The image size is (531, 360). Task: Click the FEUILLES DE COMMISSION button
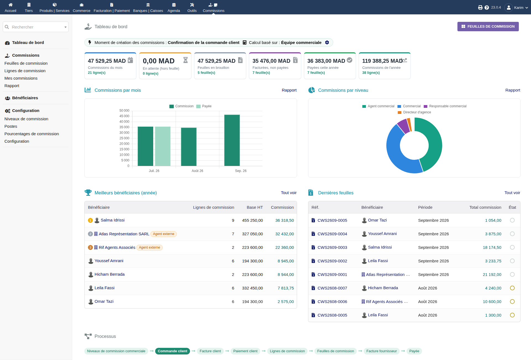(488, 27)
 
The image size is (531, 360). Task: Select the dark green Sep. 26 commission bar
(232, 140)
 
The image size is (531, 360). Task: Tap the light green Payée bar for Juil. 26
(163, 146)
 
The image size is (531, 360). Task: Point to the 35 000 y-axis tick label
(124, 127)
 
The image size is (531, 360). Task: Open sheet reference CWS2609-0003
(332, 247)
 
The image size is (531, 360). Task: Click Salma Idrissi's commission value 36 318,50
(285, 220)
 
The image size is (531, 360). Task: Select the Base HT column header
(255, 207)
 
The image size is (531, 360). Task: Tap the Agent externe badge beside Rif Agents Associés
(149, 247)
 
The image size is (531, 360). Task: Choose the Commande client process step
(173, 351)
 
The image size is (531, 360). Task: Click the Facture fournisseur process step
(381, 351)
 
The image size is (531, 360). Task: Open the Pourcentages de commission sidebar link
(32, 134)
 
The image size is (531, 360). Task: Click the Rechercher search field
(36, 27)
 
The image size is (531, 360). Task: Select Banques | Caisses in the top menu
(148, 7)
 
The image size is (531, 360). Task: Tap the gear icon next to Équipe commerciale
(327, 43)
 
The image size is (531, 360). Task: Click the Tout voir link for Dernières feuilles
(512, 193)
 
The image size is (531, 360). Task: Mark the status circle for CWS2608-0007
(512, 288)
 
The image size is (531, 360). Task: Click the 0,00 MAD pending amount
(158, 61)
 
